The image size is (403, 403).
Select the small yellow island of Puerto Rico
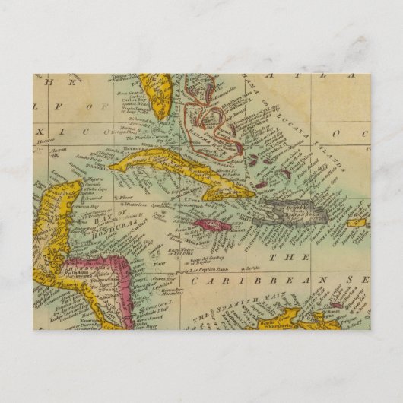click(x=357, y=223)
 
